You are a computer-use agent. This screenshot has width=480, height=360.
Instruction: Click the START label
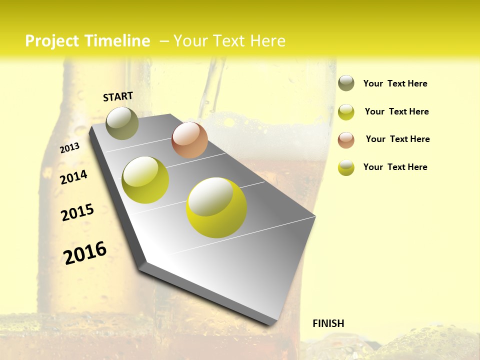point(118,96)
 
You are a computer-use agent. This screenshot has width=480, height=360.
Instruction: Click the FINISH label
point(328,323)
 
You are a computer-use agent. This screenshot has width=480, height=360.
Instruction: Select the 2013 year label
point(70,147)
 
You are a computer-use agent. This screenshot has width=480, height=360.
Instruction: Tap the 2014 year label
point(73,177)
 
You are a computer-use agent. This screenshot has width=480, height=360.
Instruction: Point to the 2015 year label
point(77,212)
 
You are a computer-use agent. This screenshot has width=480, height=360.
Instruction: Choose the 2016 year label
point(85,252)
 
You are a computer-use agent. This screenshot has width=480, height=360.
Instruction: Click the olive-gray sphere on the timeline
point(122,123)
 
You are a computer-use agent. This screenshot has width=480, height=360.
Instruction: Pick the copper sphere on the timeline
point(189,140)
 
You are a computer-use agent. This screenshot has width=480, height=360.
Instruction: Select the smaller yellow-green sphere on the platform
point(145,180)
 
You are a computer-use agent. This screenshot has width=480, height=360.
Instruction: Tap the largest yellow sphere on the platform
point(216,207)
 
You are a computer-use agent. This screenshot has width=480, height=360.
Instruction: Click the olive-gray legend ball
point(346,83)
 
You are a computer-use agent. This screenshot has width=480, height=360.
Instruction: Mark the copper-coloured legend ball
point(346,140)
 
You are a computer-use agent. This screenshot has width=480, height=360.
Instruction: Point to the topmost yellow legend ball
point(346,112)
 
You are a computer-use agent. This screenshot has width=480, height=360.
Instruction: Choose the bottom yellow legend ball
point(346,167)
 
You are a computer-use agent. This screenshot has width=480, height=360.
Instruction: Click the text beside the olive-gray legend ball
point(395,83)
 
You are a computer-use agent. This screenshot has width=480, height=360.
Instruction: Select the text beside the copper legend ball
point(397,139)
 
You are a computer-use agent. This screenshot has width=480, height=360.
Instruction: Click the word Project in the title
point(51,41)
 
